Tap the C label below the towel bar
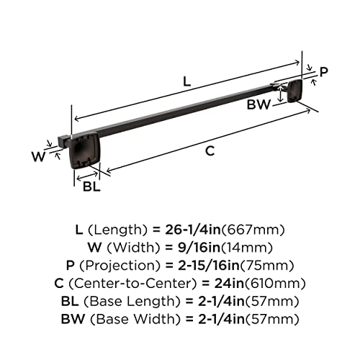click(210, 150)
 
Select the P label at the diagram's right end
click(323, 71)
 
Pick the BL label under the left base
click(91, 187)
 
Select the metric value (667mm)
click(253, 230)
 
